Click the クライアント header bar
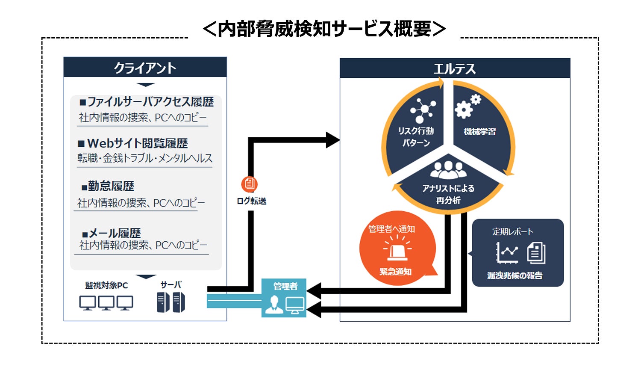pyautogui.click(x=145, y=67)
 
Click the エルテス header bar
pyautogui.click(x=455, y=68)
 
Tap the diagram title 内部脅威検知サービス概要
pyautogui.click(x=324, y=29)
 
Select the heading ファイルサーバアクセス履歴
pyautogui.click(x=147, y=102)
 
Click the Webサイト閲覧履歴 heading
pyautogui.click(x=133, y=143)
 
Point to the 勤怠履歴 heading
pyautogui.click(x=108, y=186)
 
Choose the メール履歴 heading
pyautogui.click(x=111, y=234)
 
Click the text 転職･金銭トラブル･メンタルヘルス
pyautogui.click(x=145, y=158)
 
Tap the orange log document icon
pyautogui.click(x=250, y=184)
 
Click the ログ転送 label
pyautogui.click(x=252, y=201)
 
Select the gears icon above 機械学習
pyautogui.click(x=468, y=106)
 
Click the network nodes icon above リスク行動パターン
pyautogui.click(x=423, y=110)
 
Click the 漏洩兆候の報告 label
pyautogui.click(x=515, y=275)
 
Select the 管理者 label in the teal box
pyautogui.click(x=285, y=286)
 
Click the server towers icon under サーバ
pyautogui.click(x=171, y=302)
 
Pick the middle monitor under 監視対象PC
pyautogui.click(x=106, y=303)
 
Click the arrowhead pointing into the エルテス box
pyautogui.click(x=333, y=140)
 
